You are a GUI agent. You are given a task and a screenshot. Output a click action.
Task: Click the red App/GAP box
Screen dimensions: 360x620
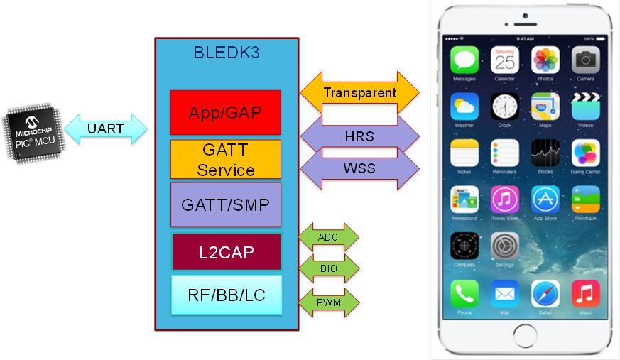coord(225,112)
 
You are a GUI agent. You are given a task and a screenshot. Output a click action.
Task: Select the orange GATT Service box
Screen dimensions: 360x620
coord(225,160)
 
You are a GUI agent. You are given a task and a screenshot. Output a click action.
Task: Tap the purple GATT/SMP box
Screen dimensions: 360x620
coord(225,204)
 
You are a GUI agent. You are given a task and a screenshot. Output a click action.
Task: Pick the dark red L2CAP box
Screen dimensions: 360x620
coord(226,251)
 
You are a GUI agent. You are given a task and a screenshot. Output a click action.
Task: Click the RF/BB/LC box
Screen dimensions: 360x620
coord(226,295)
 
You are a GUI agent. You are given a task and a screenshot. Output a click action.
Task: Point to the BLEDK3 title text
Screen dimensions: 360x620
coord(227,53)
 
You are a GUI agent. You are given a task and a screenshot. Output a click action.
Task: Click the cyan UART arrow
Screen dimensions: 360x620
coord(107,129)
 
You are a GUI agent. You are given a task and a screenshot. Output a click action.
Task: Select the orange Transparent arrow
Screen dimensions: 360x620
coord(359,92)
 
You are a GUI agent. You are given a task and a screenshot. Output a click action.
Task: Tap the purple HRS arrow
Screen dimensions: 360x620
coord(359,136)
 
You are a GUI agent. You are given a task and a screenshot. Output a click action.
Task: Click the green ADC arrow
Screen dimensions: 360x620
coord(327,237)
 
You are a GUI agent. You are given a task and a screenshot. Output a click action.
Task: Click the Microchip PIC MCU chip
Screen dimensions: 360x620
coord(33,133)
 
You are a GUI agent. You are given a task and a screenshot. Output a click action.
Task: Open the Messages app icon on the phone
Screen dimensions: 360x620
coord(464,60)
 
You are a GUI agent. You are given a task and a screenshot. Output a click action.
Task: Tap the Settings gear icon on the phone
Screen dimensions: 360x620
coord(504,246)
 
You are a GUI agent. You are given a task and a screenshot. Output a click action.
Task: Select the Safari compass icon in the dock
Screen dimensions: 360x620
coord(545,293)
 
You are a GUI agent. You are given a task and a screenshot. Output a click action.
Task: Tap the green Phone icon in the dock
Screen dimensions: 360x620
coord(464,293)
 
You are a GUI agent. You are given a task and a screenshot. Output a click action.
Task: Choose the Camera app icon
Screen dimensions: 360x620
coord(585,60)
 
